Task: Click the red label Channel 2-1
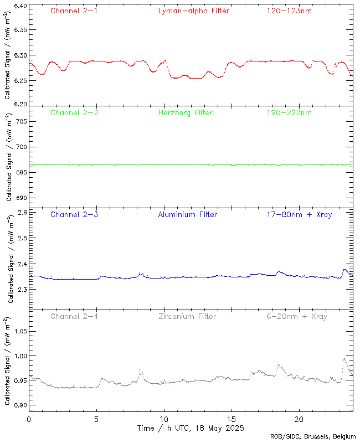click(x=74, y=11)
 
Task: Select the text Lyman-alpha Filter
click(x=193, y=11)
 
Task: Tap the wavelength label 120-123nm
click(x=289, y=11)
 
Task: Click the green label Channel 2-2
click(x=74, y=113)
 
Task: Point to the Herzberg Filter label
click(x=185, y=113)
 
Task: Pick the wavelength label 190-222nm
click(x=289, y=113)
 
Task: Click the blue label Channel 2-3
click(x=74, y=214)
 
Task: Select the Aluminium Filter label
click(x=187, y=214)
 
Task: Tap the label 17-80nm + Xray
click(x=299, y=214)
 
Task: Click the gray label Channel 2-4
click(x=74, y=317)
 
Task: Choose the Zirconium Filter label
click(x=187, y=317)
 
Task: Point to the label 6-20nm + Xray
click(x=296, y=317)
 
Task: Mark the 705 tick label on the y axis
click(x=20, y=121)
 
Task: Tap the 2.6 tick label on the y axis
click(x=21, y=213)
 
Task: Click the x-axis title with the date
click(x=190, y=429)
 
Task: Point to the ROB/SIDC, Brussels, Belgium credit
click(x=313, y=437)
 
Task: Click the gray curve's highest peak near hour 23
click(x=344, y=359)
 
